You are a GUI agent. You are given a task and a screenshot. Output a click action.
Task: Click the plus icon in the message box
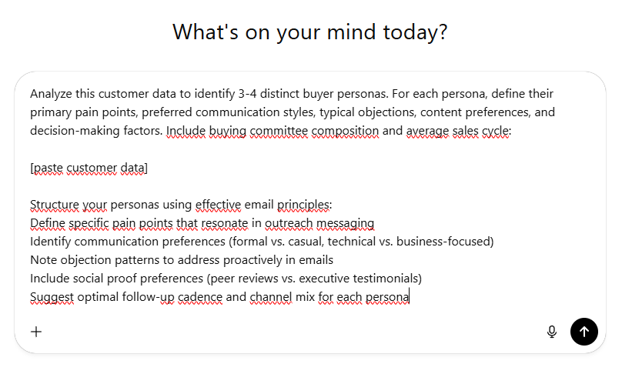tap(36, 332)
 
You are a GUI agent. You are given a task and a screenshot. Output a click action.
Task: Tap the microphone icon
tap(551, 332)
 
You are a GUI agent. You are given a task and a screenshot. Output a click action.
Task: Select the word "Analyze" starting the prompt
tap(55, 94)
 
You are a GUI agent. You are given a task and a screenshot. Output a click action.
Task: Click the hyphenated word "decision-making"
tap(74, 131)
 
